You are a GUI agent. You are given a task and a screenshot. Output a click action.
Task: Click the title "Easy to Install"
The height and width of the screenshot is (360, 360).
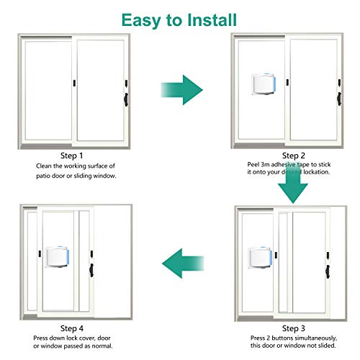coord(181,18)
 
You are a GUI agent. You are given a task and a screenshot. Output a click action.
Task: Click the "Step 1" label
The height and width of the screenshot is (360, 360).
coord(71,155)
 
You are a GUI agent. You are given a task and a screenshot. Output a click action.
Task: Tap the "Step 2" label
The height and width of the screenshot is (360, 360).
coord(294,155)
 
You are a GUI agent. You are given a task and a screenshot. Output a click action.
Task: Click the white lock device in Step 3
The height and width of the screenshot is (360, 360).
coord(261,257)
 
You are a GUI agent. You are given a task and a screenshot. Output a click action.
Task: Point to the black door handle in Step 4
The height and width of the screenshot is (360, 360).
coord(91,268)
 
